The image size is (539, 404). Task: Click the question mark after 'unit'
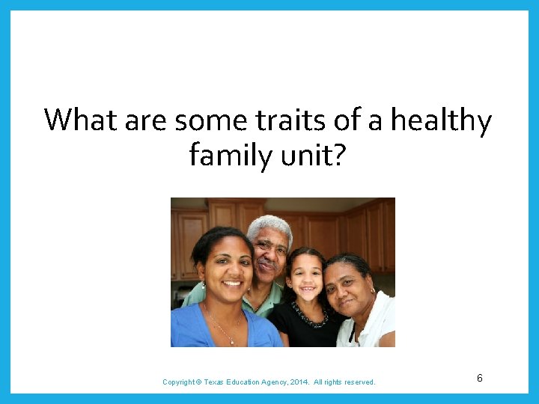tap(338, 155)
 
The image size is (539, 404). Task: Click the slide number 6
tap(480, 379)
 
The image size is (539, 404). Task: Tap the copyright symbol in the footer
tap(198, 382)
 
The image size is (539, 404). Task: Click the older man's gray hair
tap(269, 224)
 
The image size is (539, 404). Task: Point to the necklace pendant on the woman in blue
tap(232, 341)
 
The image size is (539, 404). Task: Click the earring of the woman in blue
tap(203, 286)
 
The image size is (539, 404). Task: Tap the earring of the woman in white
tap(372, 290)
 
